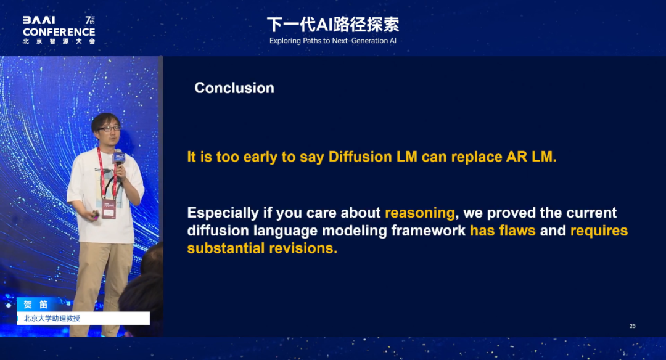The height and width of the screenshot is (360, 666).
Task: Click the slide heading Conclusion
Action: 234,88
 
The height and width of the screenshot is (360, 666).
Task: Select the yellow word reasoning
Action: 420,213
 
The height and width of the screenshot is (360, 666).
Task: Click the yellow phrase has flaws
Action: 503,231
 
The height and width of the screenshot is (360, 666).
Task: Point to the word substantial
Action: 226,248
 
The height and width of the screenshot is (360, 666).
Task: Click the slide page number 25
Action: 633,326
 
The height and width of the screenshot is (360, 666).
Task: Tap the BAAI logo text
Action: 39,20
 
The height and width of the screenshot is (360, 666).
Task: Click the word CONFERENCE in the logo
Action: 59,32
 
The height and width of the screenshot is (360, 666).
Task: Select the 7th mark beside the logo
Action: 89,20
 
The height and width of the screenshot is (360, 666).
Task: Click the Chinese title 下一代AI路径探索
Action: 333,25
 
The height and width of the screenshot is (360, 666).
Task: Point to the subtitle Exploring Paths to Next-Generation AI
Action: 332,41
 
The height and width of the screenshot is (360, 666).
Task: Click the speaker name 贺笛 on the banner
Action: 36,305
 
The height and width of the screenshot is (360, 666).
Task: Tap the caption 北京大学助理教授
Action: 52,319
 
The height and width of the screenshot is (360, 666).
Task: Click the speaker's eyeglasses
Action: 109,128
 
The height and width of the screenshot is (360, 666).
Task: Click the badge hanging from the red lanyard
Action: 109,209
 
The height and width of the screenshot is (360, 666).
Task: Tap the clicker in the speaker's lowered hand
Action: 96,215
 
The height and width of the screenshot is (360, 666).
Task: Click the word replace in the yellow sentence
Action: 477,158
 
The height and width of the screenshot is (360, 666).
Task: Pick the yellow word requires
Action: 599,231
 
